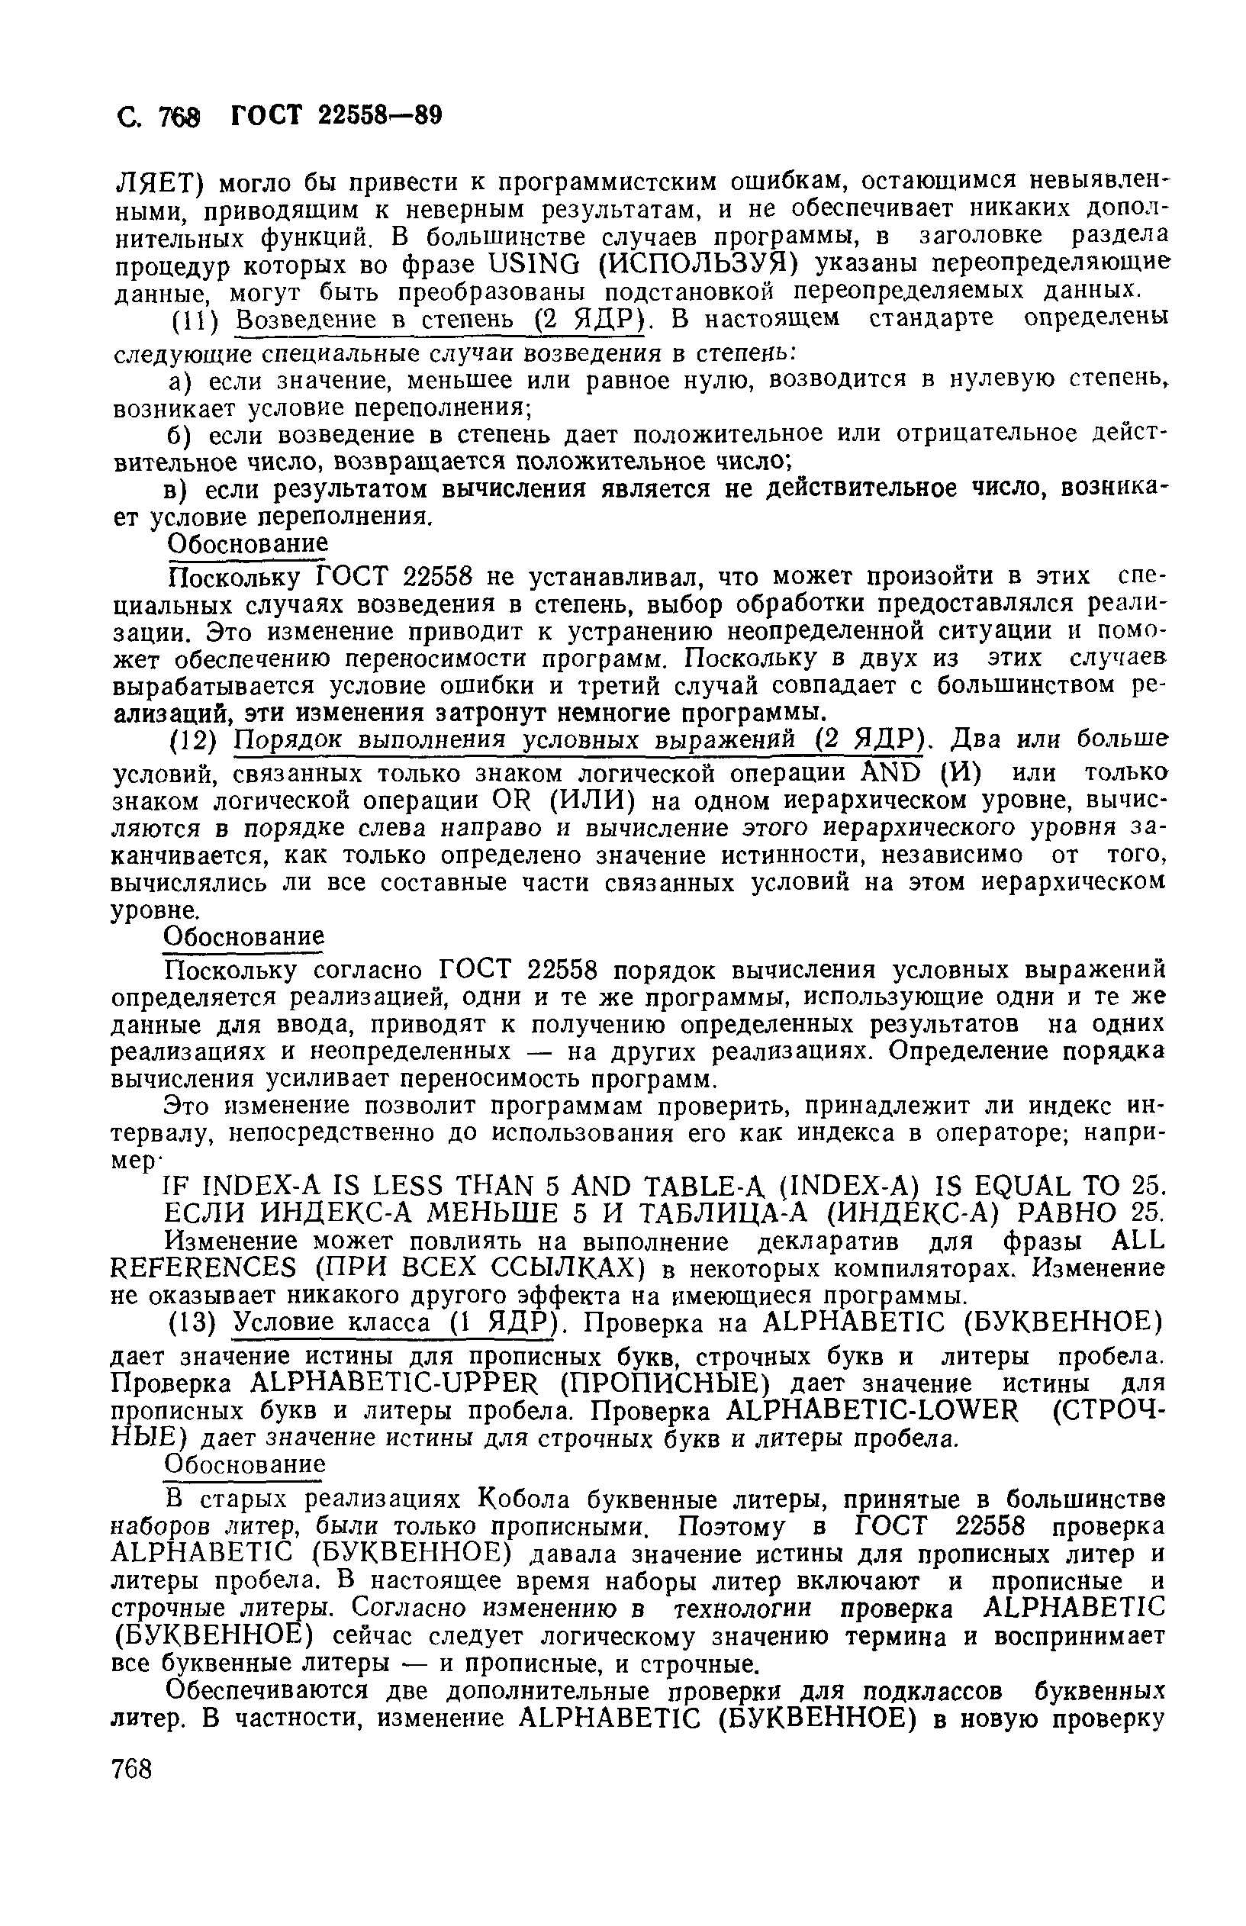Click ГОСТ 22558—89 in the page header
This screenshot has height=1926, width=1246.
[336, 116]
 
